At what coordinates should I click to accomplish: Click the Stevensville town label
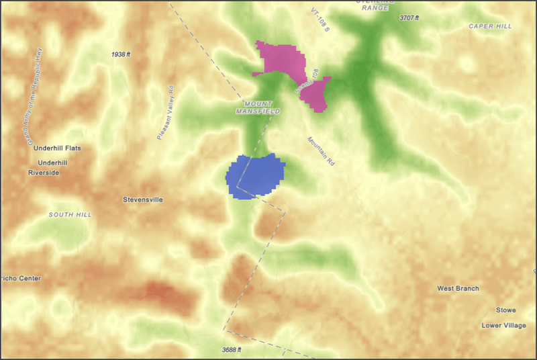pyautogui.click(x=143, y=199)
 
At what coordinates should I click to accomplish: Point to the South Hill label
pyautogui.click(x=70, y=215)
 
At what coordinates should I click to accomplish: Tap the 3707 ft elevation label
pyautogui.click(x=411, y=17)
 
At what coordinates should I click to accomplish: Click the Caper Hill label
pyautogui.click(x=490, y=26)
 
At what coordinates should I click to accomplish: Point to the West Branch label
pyautogui.click(x=458, y=289)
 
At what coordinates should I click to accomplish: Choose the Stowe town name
pyautogui.click(x=505, y=310)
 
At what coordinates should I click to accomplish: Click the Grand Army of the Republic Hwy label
pyautogui.click(x=35, y=97)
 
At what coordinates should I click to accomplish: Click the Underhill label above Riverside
pyautogui.click(x=53, y=163)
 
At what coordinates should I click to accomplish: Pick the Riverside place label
pyautogui.click(x=44, y=173)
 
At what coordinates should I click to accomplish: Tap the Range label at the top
pyautogui.click(x=375, y=8)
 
